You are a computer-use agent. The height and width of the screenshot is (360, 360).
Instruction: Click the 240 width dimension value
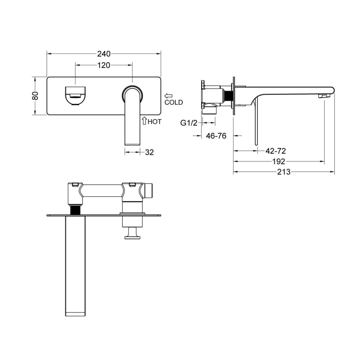click(104, 54)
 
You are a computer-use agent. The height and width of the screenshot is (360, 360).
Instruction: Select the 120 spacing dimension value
click(104, 65)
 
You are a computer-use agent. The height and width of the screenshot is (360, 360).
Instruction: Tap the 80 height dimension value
click(35, 95)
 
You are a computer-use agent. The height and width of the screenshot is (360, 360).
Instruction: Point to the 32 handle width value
click(149, 152)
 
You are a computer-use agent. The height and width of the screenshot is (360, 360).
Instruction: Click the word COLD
click(174, 102)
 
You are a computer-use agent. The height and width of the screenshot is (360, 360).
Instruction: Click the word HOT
click(154, 121)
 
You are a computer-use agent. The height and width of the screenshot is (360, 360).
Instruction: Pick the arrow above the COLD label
click(168, 95)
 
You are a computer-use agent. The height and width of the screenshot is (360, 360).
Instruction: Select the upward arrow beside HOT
click(144, 121)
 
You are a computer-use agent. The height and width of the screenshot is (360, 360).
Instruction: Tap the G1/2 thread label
click(189, 123)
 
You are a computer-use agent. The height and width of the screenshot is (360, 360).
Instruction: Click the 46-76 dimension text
click(216, 136)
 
